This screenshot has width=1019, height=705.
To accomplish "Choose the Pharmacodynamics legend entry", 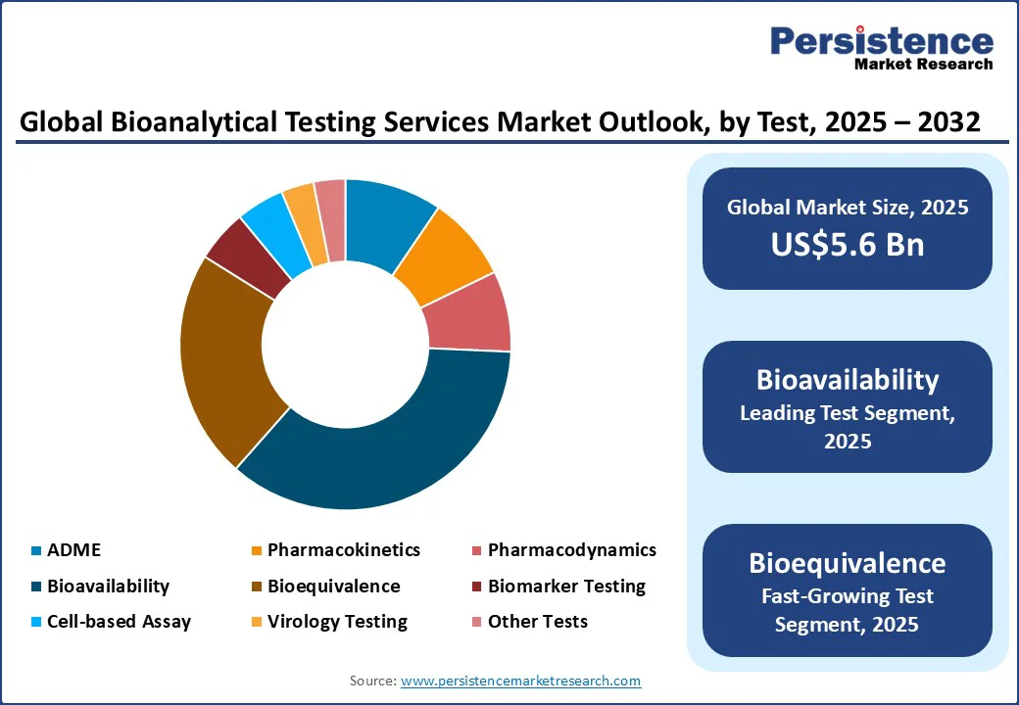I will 571,550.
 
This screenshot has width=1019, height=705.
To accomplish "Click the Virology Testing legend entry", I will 337,622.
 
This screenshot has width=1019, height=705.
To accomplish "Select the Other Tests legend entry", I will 537,622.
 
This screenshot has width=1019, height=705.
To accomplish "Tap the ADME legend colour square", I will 36,551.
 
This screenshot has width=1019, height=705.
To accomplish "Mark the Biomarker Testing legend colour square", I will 477,587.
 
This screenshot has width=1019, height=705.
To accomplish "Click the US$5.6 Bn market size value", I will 847,244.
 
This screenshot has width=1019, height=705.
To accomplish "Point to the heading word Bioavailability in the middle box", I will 847,380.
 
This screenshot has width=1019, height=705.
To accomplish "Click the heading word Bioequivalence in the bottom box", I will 847,563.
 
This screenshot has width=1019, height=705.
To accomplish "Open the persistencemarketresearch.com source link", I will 520,681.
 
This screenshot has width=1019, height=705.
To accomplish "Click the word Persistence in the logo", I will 881,40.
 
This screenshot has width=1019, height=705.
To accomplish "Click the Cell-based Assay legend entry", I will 119,622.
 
